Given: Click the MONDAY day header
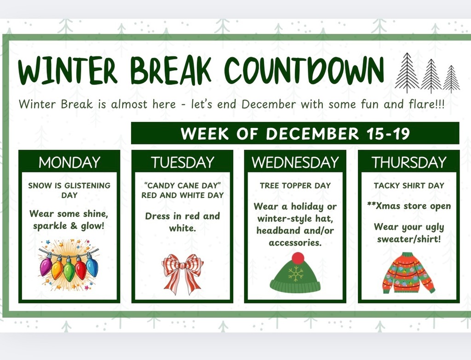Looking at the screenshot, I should click(x=69, y=162).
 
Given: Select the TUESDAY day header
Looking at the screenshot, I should click(x=183, y=162).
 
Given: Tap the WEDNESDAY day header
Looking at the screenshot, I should click(x=295, y=162).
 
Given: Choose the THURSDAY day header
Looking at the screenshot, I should click(x=409, y=162).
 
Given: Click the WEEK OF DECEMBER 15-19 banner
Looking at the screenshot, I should click(x=295, y=133).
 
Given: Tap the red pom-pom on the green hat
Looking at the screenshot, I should click(x=298, y=258).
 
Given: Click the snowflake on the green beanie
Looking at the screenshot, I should click(x=296, y=274).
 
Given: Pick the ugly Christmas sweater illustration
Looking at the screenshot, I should click(x=408, y=273).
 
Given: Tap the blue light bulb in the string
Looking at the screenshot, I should click(x=92, y=267).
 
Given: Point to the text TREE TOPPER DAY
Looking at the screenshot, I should click(x=295, y=186).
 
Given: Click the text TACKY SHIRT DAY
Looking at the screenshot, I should click(x=409, y=186).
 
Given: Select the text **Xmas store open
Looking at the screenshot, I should click(x=409, y=206).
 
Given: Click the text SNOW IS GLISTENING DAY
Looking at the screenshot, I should click(x=69, y=190).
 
